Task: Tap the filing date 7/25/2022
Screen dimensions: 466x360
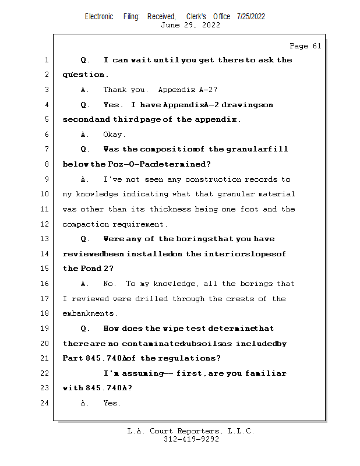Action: tap(251, 16)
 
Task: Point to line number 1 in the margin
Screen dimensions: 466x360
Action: tap(46, 60)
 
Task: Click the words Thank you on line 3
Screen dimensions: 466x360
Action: tap(120, 90)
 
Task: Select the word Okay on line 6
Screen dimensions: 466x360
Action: tap(114, 135)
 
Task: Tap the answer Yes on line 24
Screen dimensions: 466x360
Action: tap(112, 403)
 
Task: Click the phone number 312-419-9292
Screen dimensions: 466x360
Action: tap(191, 439)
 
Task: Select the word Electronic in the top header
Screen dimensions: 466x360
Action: tap(99, 16)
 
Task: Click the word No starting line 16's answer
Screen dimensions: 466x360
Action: tap(110, 284)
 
